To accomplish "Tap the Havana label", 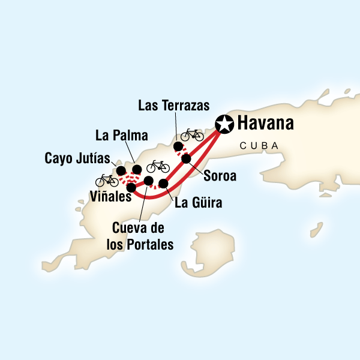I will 266,124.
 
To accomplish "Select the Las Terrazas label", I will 173,106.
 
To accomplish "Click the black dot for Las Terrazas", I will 178,147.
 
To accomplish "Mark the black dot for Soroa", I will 186,159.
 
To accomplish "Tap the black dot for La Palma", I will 137,169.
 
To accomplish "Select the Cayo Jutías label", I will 76,159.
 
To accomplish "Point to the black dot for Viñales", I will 131,187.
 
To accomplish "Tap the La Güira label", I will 198,203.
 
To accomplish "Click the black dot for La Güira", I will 163,183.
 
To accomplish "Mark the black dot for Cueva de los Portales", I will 149,181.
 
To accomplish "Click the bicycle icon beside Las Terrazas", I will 192,134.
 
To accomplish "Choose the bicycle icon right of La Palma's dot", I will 158,166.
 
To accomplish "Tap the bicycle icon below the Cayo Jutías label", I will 107,180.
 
